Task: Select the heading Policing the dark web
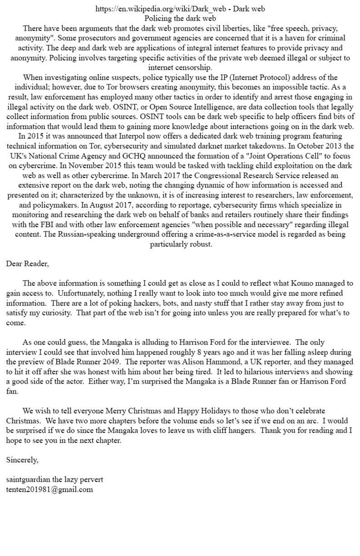point(180,18)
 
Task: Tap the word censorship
point(194,67)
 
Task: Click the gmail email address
point(49,489)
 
